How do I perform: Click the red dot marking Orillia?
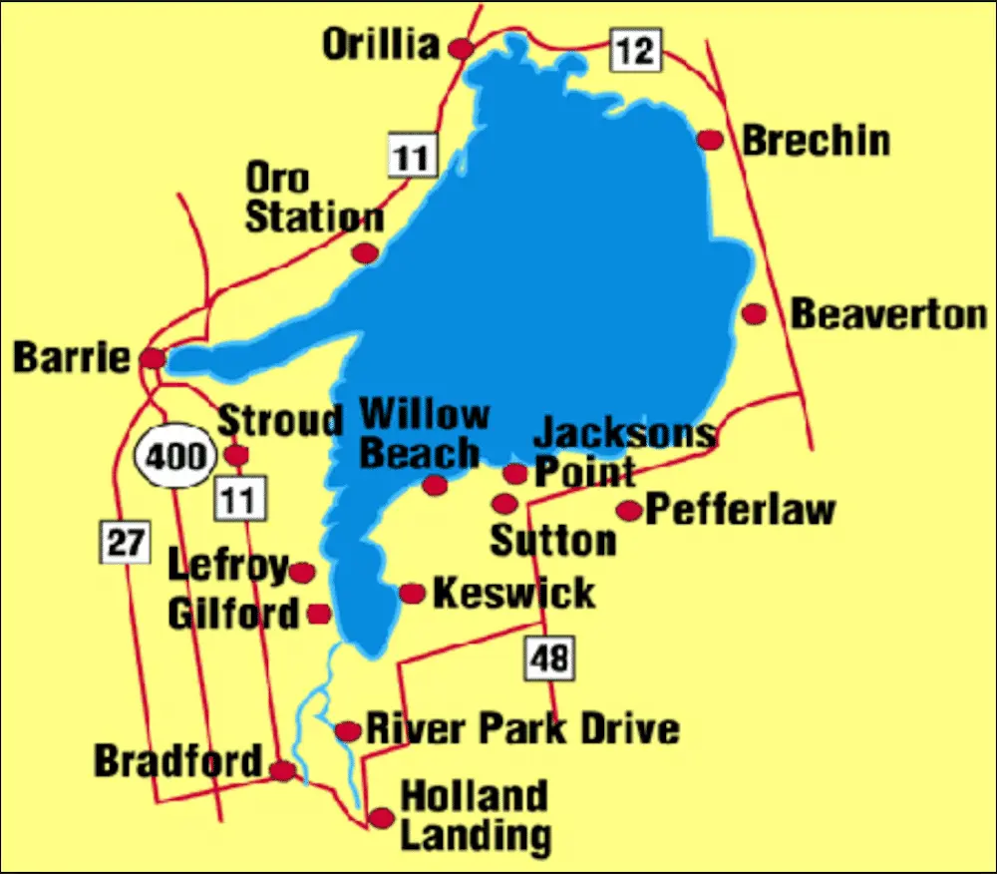tap(461, 48)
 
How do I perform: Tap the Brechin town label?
tap(816, 141)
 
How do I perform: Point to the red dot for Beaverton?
tap(755, 314)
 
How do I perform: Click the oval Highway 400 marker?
tap(174, 458)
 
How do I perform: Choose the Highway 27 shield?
tap(125, 544)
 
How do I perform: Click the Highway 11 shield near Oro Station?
tap(411, 157)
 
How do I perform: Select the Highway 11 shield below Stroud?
tap(239, 498)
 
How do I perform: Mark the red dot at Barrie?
tap(153, 358)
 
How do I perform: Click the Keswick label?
tap(513, 593)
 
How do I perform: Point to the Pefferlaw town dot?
tap(628, 511)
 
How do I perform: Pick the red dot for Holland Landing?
tap(381, 818)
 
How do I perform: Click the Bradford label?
tap(177, 762)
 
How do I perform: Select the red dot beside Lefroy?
tap(301, 573)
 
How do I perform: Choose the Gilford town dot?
tap(319, 614)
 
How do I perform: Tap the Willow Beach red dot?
tap(435, 485)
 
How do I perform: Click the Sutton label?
tap(553, 541)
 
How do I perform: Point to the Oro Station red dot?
tap(366, 252)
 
